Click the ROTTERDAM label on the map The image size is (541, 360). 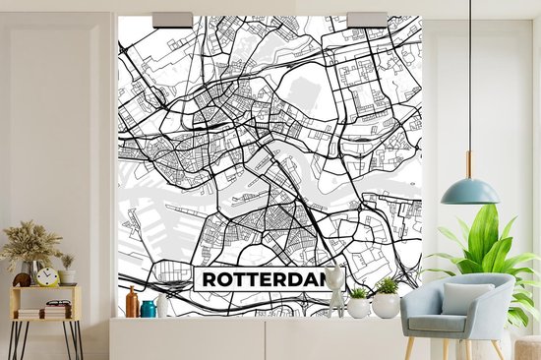[x=261, y=279]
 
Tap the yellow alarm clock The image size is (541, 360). [x=47, y=277]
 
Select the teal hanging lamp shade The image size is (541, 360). [x=469, y=191]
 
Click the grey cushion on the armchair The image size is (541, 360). [x=465, y=299]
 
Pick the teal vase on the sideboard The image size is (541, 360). [x=149, y=309]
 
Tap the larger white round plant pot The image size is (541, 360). [x=387, y=305]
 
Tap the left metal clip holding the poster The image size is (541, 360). [x=173, y=19]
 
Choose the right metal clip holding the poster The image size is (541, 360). [x=367, y=19]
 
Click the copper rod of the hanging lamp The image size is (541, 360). [x=469, y=163]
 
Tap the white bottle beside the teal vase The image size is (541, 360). [x=162, y=306]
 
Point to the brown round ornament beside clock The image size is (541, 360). [x=22, y=279]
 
